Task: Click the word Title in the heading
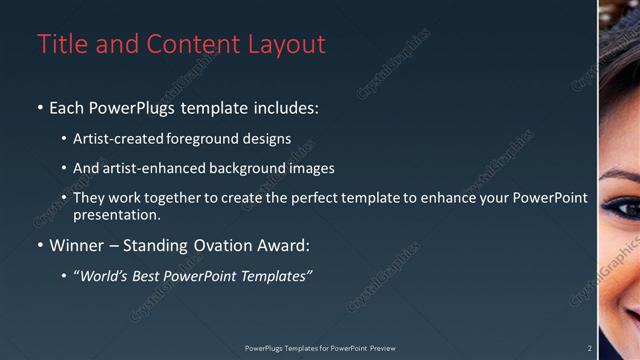pyautogui.click(x=59, y=45)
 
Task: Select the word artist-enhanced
pyautogui.click(x=151, y=169)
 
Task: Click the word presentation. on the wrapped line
pyautogui.click(x=116, y=214)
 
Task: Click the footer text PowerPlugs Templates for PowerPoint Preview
pyautogui.click(x=320, y=349)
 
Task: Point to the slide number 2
pyautogui.click(x=589, y=349)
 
